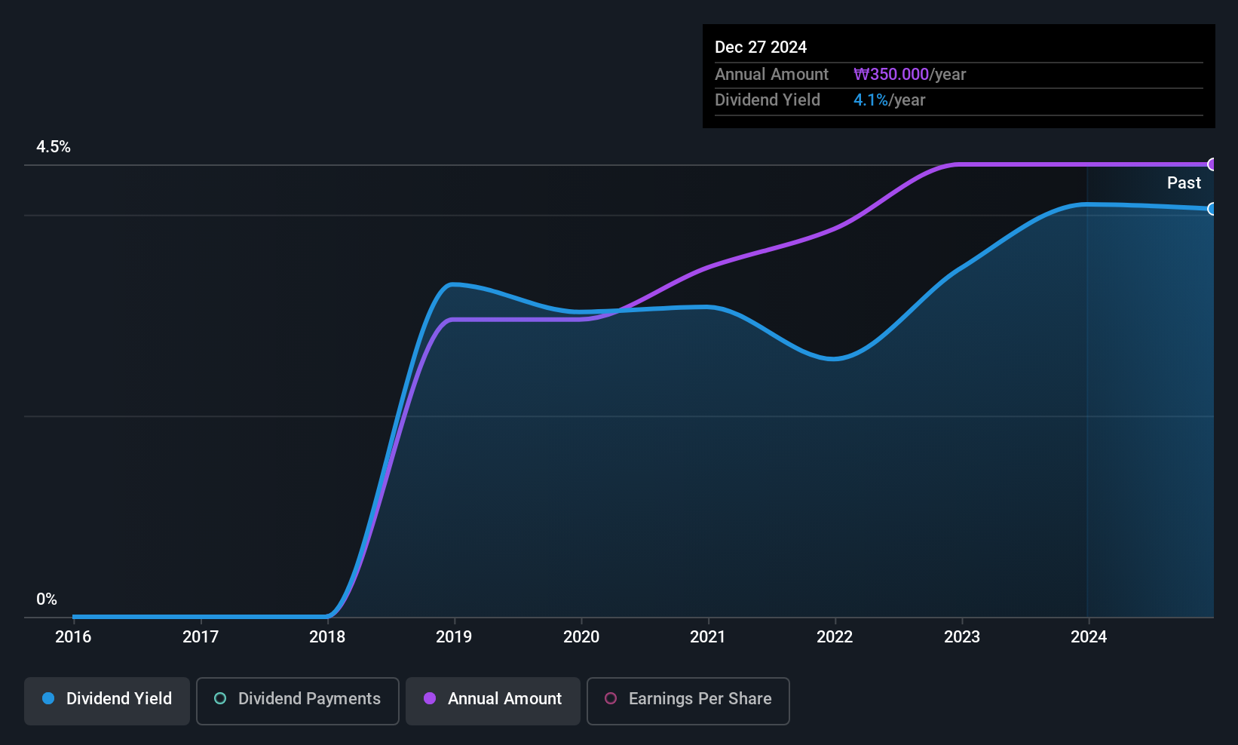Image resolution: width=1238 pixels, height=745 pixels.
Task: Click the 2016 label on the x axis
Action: (73, 636)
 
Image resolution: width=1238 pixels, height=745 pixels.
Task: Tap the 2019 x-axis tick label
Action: (454, 636)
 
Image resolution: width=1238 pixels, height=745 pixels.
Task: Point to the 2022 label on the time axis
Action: (835, 636)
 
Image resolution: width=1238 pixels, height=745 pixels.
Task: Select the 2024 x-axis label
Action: (1089, 636)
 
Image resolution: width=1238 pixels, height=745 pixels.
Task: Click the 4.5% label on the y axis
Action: (53, 147)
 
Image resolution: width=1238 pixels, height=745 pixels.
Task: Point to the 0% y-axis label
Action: (47, 599)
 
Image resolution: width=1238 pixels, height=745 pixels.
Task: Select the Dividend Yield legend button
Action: (106, 701)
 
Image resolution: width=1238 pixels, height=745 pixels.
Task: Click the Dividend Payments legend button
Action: (297, 701)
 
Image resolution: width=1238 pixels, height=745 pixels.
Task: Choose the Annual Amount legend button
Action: (493, 701)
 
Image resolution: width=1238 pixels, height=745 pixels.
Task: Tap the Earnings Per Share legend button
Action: (688, 701)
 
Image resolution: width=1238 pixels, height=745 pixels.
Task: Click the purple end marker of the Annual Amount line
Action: (1212, 164)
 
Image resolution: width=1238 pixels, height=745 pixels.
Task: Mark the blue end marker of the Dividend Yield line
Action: (1212, 209)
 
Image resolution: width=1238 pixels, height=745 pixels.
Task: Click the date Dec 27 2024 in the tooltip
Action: (761, 48)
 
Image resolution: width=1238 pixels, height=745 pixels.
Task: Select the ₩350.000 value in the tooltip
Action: (891, 74)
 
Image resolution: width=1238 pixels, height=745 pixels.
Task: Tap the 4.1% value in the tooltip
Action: (871, 100)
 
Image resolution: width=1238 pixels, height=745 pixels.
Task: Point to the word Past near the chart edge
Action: (1184, 183)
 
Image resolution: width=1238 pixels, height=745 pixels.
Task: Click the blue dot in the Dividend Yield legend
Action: (48, 698)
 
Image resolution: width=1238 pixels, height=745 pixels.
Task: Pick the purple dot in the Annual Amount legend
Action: (430, 698)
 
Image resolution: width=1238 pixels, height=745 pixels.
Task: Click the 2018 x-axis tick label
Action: (327, 636)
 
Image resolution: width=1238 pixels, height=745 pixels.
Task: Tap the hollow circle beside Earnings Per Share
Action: (611, 698)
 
